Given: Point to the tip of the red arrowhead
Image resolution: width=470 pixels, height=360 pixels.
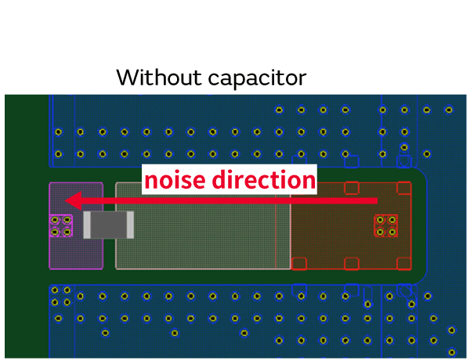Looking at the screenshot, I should pyautogui.click(x=66, y=202).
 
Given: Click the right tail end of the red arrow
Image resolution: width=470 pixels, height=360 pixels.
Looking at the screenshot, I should pyautogui.click(x=377, y=202).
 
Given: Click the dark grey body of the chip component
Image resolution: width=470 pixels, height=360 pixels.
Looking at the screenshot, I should pyautogui.click(x=109, y=225).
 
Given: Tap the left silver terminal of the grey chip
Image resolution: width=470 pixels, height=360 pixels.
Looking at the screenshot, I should pyautogui.click(x=88, y=225).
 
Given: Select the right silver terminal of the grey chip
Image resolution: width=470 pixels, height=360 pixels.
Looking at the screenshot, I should pyautogui.click(x=130, y=225).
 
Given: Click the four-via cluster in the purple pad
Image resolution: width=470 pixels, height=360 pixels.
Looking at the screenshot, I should pyautogui.click(x=61, y=226).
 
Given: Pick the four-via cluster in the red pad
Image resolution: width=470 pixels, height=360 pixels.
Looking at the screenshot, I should pyautogui.click(x=386, y=226).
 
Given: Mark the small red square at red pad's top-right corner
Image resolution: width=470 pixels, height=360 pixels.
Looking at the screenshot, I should pyautogui.click(x=404, y=188).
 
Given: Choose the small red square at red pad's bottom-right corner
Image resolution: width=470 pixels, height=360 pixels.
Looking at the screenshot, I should pyautogui.click(x=404, y=264).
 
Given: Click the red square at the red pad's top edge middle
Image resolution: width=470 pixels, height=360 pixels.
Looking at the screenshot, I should pyautogui.click(x=352, y=188).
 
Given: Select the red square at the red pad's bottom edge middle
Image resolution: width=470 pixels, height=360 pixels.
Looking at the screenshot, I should pyautogui.click(x=352, y=264).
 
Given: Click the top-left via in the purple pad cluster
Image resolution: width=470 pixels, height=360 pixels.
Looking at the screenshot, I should pyautogui.click(x=56, y=221).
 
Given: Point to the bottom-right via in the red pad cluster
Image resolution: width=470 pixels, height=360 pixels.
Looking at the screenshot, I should pyautogui.click(x=392, y=232).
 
